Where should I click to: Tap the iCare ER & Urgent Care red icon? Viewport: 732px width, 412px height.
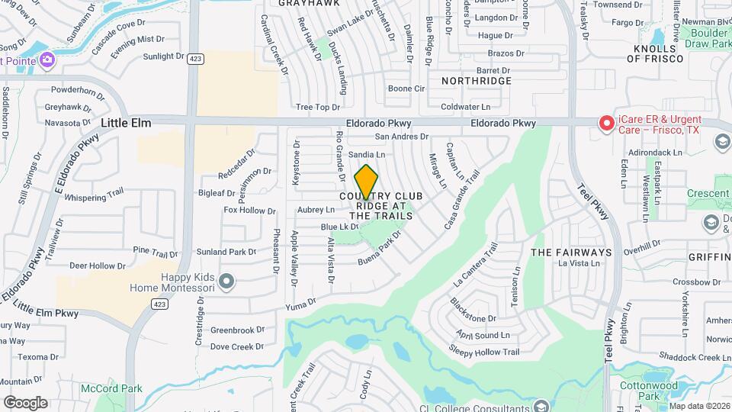pyautogui.click(x=606, y=123)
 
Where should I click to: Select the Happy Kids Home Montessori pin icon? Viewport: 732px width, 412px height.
pyautogui.click(x=226, y=282)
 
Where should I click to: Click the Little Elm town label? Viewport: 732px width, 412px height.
pyautogui.click(x=126, y=123)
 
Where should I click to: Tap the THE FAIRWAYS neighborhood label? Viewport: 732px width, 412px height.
pyautogui.click(x=571, y=252)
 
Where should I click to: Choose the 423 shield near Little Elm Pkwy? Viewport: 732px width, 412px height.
pyautogui.click(x=159, y=304)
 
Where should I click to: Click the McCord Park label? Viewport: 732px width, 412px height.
pyautogui.click(x=111, y=388)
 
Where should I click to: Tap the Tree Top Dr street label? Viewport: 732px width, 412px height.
pyautogui.click(x=317, y=108)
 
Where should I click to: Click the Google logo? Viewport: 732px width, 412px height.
pyautogui.click(x=25, y=403)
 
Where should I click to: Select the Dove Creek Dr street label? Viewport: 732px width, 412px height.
pyautogui.click(x=236, y=346)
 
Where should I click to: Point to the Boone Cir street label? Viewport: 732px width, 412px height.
pyautogui.click(x=406, y=89)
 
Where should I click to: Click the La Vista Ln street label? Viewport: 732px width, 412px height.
pyautogui.click(x=579, y=264)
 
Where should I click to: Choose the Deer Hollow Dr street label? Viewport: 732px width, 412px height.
pyautogui.click(x=97, y=266)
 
